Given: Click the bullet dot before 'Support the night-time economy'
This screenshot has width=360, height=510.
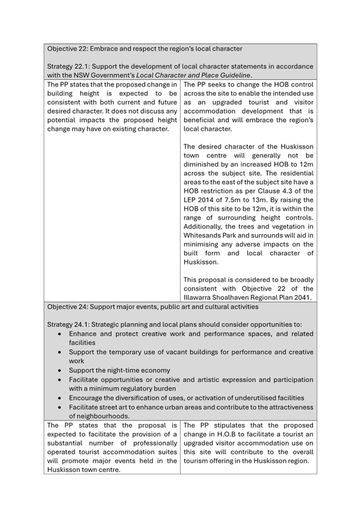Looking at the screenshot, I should (x=61, y=370).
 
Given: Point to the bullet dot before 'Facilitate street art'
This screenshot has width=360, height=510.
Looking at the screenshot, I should (x=61, y=407).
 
